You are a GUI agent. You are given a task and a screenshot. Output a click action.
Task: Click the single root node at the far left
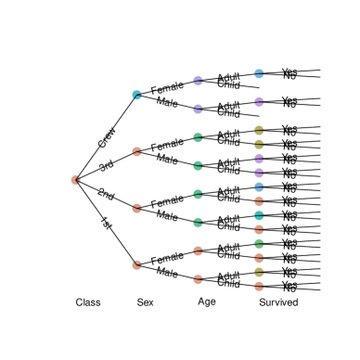pyautogui.click(x=75, y=180)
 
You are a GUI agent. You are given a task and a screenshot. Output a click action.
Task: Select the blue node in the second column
pyautogui.click(x=136, y=95)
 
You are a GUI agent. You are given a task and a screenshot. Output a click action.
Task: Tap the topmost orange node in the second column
pyautogui.click(x=136, y=151)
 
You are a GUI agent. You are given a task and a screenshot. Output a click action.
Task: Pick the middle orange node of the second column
pyautogui.click(x=136, y=208)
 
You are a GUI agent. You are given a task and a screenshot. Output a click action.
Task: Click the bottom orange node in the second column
pyautogui.click(x=136, y=264)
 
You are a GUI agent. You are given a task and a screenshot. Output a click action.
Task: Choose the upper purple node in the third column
pyautogui.click(x=198, y=81)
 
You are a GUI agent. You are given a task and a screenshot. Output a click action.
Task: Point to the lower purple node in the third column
pyautogui.click(x=198, y=109)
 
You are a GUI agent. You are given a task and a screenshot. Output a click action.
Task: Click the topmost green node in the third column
pyautogui.click(x=198, y=137)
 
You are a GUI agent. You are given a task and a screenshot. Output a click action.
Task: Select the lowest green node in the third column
pyautogui.click(x=198, y=222)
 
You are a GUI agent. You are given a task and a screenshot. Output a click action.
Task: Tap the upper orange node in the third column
pyautogui.click(x=198, y=251)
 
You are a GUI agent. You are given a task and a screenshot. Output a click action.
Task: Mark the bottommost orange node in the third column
pyautogui.click(x=198, y=278)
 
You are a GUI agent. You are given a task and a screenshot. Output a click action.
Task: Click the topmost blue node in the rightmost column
pyautogui.click(x=259, y=73)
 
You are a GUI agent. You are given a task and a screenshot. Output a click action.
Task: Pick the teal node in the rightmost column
pyautogui.click(x=259, y=215)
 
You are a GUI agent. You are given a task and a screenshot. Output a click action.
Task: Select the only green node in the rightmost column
pyautogui.click(x=259, y=243)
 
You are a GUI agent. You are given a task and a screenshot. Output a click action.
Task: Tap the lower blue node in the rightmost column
pyautogui.click(x=259, y=186)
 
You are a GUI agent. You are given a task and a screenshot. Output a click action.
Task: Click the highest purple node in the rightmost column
pyautogui.click(x=259, y=101)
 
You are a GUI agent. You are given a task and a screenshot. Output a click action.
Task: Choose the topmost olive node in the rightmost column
pyautogui.click(x=259, y=130)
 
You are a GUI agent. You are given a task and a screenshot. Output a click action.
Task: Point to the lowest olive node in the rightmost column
pyautogui.click(x=259, y=272)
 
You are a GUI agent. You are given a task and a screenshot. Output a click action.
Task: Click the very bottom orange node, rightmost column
pyautogui.click(x=259, y=286)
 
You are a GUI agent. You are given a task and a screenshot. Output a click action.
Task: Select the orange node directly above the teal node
pyautogui.click(x=259, y=200)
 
